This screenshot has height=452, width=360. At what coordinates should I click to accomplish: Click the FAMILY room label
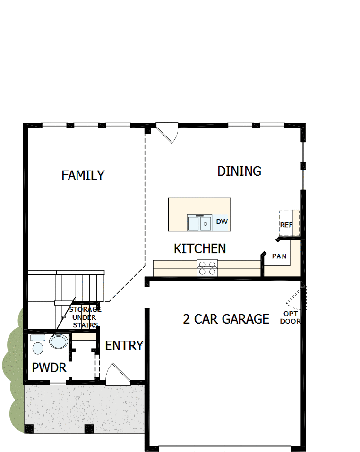pyautogui.click(x=83, y=175)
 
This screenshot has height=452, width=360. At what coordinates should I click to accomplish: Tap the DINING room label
pyautogui.click(x=239, y=171)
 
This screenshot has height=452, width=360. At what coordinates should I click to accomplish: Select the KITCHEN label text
pyautogui.click(x=199, y=248)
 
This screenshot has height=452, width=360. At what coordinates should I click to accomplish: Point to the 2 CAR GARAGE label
pyautogui.click(x=226, y=319)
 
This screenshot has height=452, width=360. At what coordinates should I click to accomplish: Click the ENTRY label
pyautogui.click(x=124, y=346)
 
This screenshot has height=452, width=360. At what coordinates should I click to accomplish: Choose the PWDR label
pyautogui.click(x=49, y=367)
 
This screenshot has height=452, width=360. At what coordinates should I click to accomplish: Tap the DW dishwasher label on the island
pyautogui.click(x=222, y=222)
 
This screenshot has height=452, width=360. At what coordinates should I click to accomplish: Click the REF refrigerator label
pyautogui.click(x=286, y=225)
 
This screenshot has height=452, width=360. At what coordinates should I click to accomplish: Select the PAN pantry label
pyautogui.click(x=279, y=256)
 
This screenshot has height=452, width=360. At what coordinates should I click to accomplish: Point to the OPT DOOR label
pyautogui.click(x=291, y=317)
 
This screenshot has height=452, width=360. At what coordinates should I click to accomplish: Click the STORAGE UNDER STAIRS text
pyautogui.click(x=85, y=317)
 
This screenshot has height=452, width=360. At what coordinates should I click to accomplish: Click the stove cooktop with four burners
pyautogui.click(x=207, y=268)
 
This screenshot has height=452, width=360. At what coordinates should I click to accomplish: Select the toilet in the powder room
pyautogui.click(x=37, y=346)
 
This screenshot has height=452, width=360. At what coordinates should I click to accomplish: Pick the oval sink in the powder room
pyautogui.click(x=59, y=341)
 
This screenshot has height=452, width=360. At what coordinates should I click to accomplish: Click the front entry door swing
pyautogui.click(x=116, y=373)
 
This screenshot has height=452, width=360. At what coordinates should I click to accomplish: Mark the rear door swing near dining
pyautogui.click(x=168, y=132)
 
